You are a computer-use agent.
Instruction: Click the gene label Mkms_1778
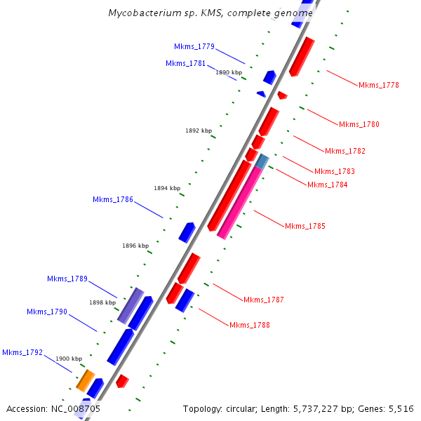coord(378,85)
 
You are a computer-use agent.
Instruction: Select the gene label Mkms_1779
coord(194,46)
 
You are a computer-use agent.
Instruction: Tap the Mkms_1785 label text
coord(305,226)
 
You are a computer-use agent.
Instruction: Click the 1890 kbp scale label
coord(229,72)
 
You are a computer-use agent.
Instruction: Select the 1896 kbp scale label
coord(135,246)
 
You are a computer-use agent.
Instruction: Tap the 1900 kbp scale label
coord(69,359)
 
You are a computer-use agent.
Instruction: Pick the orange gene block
coord(85,380)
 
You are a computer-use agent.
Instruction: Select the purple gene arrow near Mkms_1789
coord(131,305)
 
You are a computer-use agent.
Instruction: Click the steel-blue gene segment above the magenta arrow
coord(262,161)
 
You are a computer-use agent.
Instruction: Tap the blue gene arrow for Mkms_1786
coord(187,232)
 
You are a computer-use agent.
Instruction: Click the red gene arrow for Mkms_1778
coord(302,58)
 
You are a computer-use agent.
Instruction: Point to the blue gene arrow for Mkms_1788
coord(185,300)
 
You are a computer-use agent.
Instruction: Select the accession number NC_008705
coord(74,408)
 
